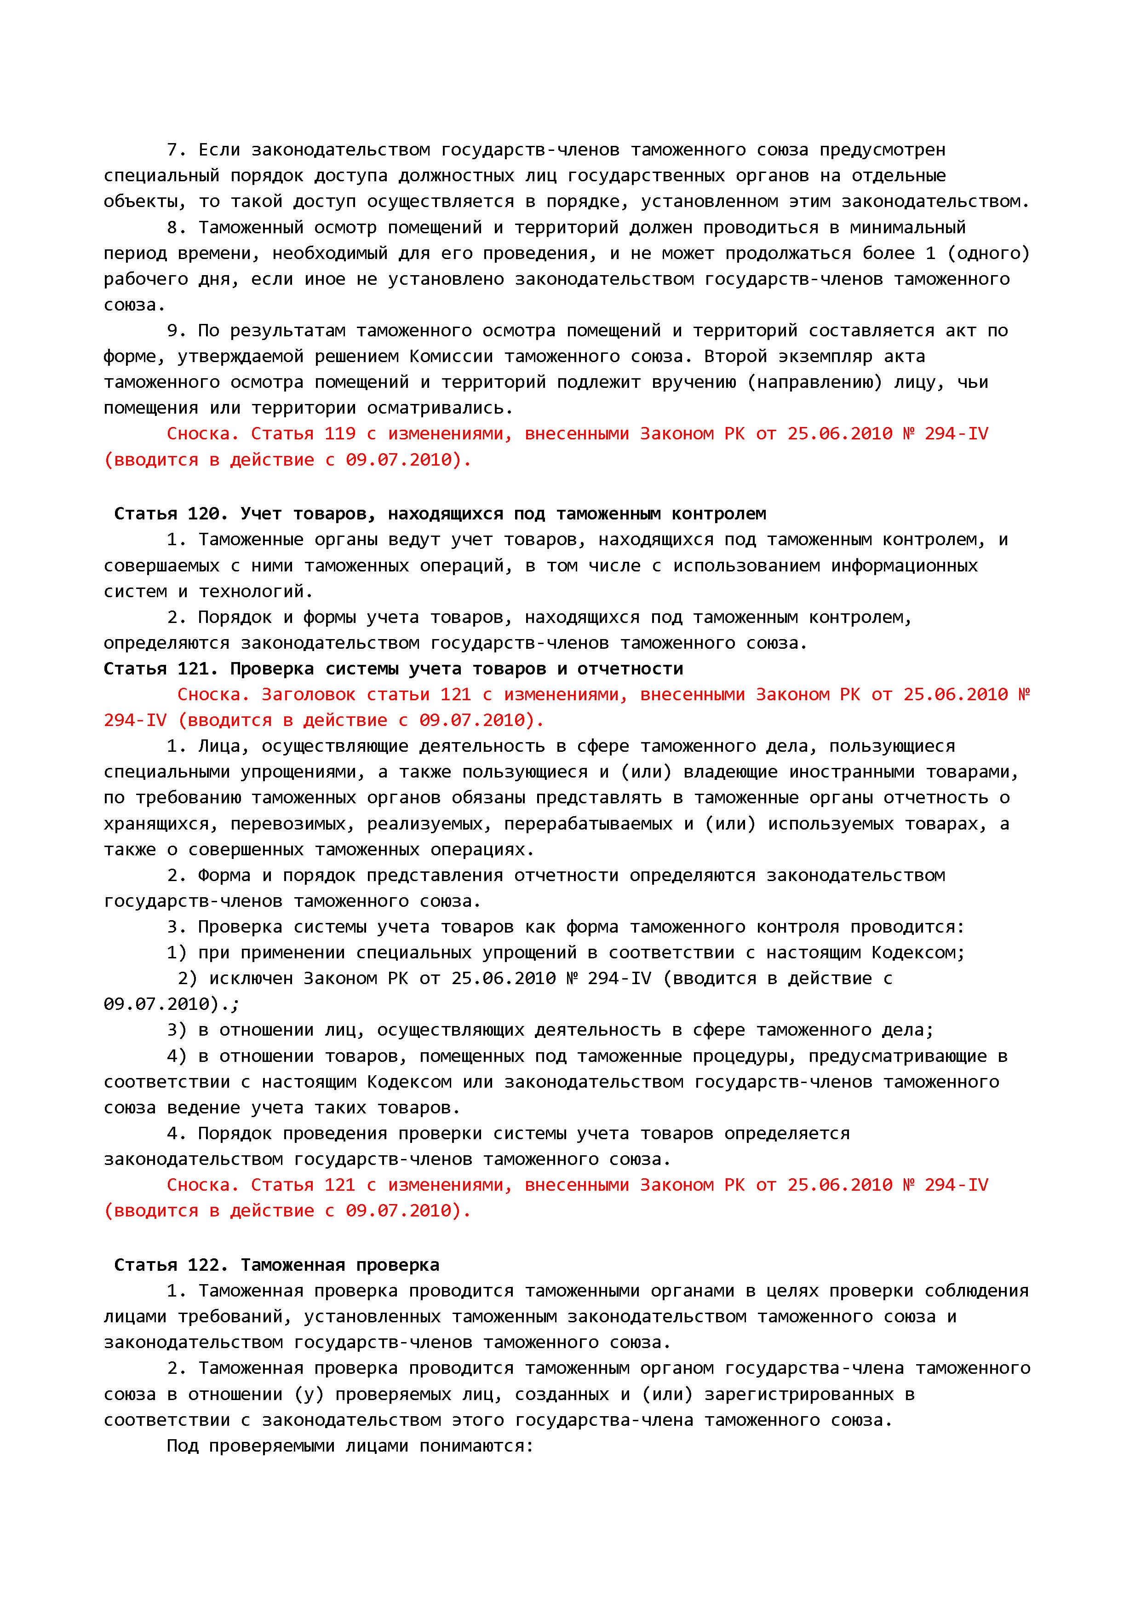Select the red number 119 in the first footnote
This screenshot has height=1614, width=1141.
point(340,434)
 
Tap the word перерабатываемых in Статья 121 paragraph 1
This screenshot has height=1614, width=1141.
point(588,824)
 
